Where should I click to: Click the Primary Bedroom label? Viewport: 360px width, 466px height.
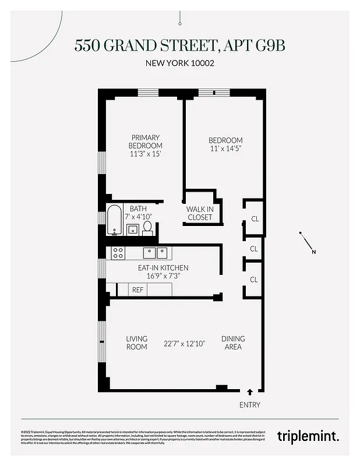tap(145, 142)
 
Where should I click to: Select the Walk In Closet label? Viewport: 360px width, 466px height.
tap(199, 213)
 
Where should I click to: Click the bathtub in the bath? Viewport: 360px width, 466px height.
tap(114, 220)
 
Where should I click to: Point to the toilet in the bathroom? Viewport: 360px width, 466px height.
tap(147, 227)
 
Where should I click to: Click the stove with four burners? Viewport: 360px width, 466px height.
tap(118, 252)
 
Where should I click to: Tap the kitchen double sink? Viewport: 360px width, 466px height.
tap(156, 252)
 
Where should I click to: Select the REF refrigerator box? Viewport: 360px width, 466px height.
tap(138, 290)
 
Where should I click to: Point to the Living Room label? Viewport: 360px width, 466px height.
tap(137, 343)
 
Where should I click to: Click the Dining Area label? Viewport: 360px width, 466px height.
tap(232, 343)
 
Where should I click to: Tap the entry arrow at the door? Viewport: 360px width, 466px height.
tap(250, 393)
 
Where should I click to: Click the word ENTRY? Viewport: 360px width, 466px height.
tap(250, 405)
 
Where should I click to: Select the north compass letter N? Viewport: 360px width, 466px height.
tap(313, 252)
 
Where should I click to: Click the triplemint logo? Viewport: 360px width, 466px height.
tap(308, 435)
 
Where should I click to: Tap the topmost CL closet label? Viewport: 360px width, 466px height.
tap(255, 219)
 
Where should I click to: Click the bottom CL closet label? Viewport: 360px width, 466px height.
tap(253, 280)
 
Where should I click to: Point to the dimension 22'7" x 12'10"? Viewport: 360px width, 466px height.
tap(185, 343)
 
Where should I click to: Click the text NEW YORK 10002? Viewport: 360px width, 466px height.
tap(179, 63)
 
